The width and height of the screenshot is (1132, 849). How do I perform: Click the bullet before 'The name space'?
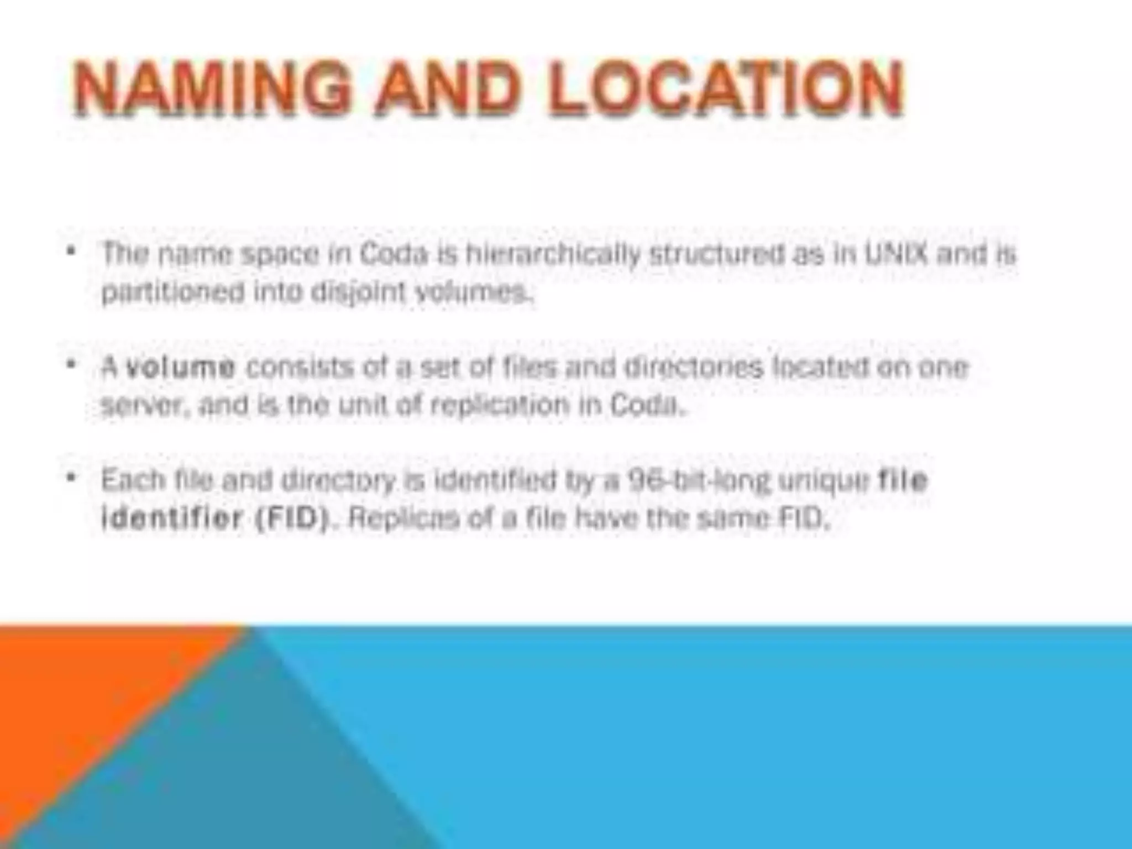(x=70, y=251)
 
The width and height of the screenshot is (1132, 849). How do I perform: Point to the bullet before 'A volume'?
(x=70, y=365)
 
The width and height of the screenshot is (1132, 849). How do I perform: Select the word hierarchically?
(x=553, y=254)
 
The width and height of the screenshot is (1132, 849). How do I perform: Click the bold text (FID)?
(x=293, y=518)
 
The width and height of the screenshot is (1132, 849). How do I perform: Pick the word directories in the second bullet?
(x=693, y=368)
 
